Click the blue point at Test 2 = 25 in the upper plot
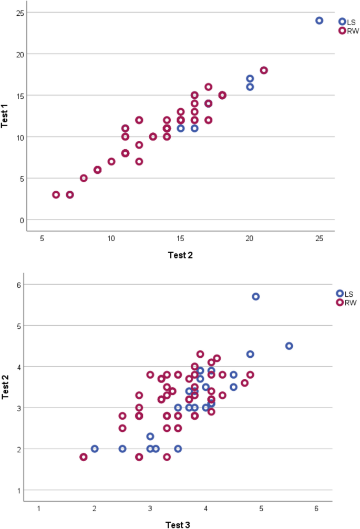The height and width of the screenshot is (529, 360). pos(319,20)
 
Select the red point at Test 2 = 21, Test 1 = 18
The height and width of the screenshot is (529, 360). pos(264,70)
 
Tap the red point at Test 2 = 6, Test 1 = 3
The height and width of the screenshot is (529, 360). pos(56,194)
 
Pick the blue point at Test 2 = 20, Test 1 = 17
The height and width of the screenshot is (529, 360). pos(250,79)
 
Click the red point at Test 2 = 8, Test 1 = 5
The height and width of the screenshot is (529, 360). pos(84,178)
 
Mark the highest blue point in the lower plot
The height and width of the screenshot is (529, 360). pos(255,297)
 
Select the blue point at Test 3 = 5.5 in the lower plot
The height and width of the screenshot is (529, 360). pos(289,346)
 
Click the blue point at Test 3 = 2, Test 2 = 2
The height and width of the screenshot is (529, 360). pos(95,449)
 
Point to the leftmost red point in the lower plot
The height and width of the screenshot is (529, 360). pos(84,457)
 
